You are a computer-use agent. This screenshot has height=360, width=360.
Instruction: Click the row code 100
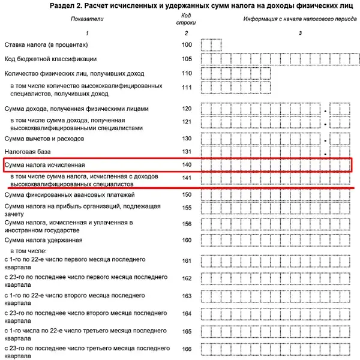point(187,45)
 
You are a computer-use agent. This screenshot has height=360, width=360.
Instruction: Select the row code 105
point(187,59)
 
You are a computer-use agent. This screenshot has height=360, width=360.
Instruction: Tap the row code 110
point(187,73)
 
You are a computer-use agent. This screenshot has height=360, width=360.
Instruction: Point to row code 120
point(187,109)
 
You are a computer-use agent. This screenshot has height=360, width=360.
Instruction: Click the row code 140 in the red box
point(187,164)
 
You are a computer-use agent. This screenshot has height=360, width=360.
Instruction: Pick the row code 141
point(187,178)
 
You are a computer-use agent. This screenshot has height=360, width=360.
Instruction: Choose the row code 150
point(187,194)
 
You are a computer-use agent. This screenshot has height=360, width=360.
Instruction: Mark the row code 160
point(187,240)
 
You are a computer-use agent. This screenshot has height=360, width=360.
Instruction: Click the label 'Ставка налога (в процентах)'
point(47,45)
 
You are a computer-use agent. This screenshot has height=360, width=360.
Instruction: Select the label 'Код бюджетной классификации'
point(50,59)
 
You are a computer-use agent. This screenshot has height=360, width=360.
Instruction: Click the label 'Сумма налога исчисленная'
point(46,164)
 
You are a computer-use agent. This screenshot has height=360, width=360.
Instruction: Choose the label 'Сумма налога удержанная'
point(43,240)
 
